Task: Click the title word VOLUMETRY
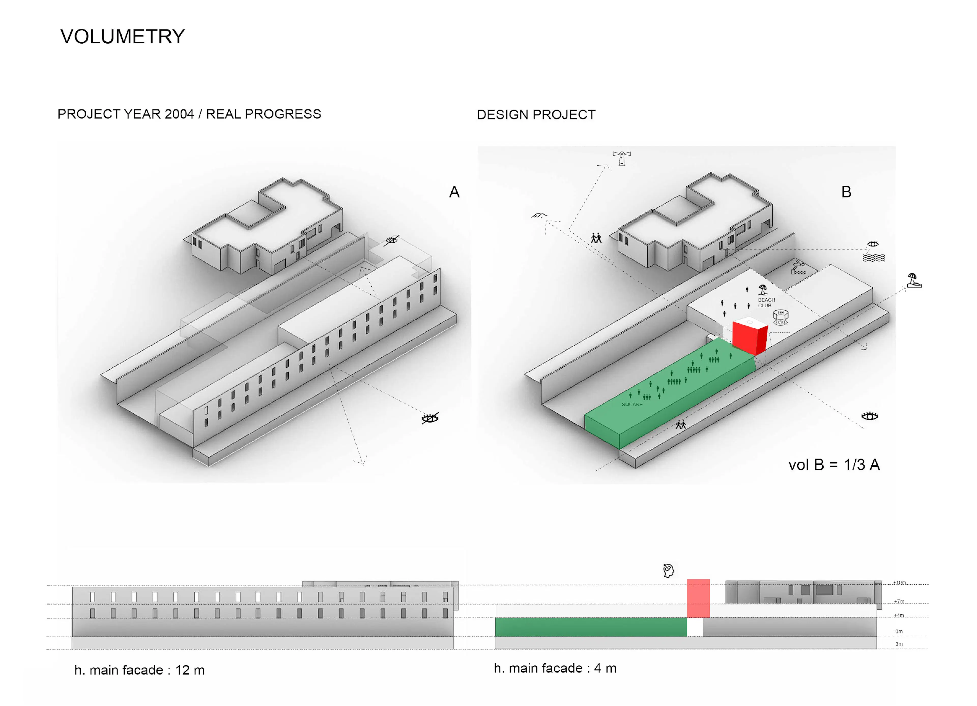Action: click(x=122, y=37)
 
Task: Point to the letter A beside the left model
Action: click(x=454, y=192)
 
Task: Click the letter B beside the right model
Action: click(x=846, y=192)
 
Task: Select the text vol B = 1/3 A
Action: click(x=834, y=465)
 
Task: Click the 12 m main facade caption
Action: click(x=139, y=670)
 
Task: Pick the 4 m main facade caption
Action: click(x=555, y=668)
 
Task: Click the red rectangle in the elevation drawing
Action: click(x=698, y=598)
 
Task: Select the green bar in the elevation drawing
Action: click(x=590, y=627)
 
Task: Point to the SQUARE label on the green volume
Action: click(x=632, y=404)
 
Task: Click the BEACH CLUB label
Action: click(x=766, y=302)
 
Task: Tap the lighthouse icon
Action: click(x=622, y=158)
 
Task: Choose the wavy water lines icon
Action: click(x=874, y=258)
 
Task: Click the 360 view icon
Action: click(x=781, y=318)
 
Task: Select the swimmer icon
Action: click(x=798, y=267)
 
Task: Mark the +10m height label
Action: click(x=899, y=583)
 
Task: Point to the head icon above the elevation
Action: click(x=668, y=571)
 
